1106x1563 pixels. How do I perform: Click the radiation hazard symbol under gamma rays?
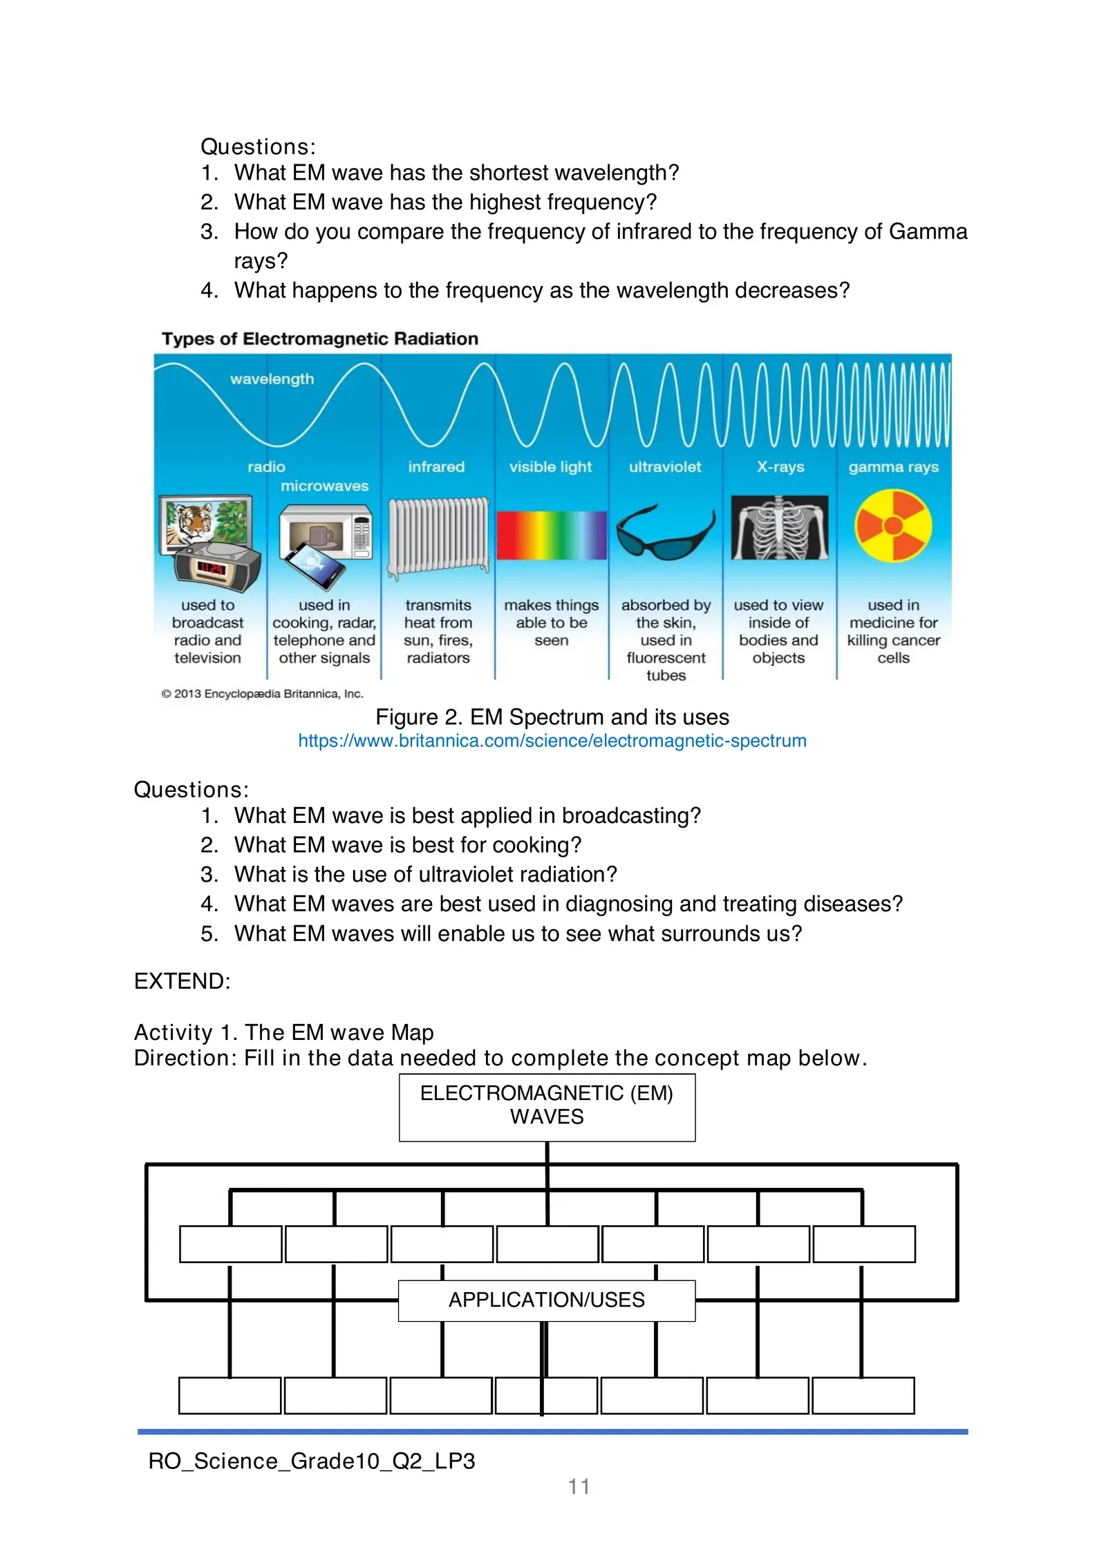pos(893,525)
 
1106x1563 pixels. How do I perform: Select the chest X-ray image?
pos(779,528)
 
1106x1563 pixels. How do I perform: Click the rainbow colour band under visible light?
pos(551,535)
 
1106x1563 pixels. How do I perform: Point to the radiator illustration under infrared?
pos(438,536)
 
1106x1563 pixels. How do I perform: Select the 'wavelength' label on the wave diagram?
pos(272,379)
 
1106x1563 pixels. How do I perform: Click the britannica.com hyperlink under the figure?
pos(552,741)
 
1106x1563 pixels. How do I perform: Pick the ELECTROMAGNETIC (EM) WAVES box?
pos(547,1106)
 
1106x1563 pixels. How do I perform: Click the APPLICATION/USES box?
pos(547,1300)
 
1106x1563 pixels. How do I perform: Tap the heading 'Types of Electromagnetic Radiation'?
pos(319,339)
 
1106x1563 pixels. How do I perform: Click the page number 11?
pos(579,1486)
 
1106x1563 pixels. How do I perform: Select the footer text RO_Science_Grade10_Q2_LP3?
pos(311,1461)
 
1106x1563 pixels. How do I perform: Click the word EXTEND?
pos(182,981)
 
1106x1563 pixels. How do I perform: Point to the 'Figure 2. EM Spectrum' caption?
pos(552,717)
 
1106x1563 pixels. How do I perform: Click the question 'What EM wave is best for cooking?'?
pos(407,845)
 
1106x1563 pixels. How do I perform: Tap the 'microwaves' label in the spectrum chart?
pos(324,486)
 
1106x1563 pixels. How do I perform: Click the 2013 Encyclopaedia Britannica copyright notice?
pos(262,694)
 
